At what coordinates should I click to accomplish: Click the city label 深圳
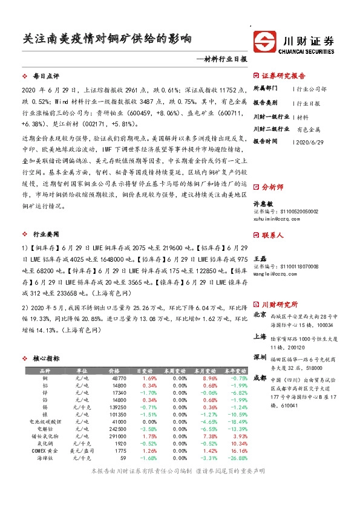tap(259, 357)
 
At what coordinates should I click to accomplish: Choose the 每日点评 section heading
tap(45, 76)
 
